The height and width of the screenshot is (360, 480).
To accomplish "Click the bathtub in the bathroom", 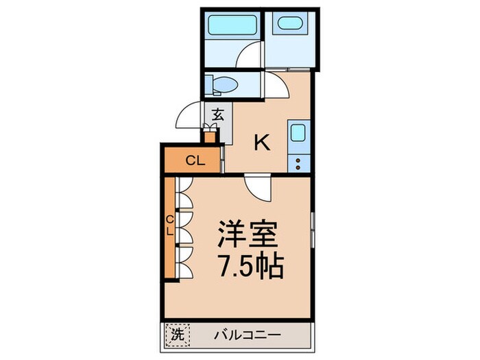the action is click(232, 25).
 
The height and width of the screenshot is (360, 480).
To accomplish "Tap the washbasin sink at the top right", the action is click(289, 23).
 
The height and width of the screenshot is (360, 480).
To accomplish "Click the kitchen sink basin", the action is click(298, 132).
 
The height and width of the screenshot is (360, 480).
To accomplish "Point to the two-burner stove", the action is click(298, 164).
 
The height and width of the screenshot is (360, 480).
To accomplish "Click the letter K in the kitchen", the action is click(263, 143).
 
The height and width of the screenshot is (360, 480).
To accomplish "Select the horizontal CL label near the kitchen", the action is click(196, 160).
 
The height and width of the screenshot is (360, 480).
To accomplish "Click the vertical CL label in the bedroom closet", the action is click(170, 225).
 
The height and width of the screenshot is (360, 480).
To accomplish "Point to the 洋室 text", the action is click(248, 235).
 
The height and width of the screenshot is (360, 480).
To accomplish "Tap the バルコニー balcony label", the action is click(247, 335).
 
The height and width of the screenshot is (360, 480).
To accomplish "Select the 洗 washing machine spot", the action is click(177, 335).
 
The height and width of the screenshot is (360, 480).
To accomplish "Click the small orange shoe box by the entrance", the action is click(210, 136).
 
